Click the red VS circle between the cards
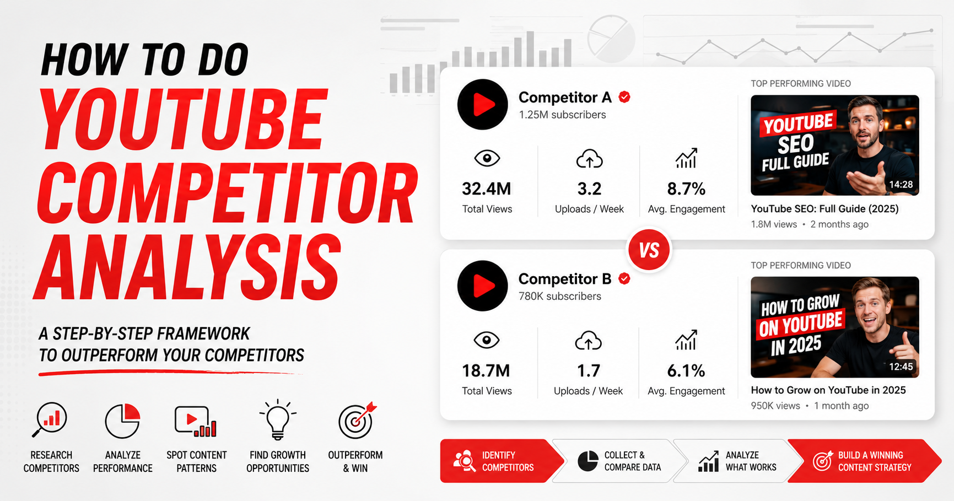pyautogui.click(x=649, y=250)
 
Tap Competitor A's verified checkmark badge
pyautogui.click(x=624, y=97)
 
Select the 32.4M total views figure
pyautogui.click(x=487, y=189)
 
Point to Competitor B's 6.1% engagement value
pyautogui.click(x=686, y=371)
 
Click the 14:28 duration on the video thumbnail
pyautogui.click(x=901, y=185)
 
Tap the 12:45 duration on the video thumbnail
pyautogui.click(x=901, y=367)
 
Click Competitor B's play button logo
pyautogui.click(x=483, y=286)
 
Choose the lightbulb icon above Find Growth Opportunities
pyautogui.click(x=278, y=419)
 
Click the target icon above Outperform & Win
pyautogui.click(x=357, y=421)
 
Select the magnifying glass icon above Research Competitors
pyautogui.click(x=50, y=420)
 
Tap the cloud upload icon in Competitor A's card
pyautogui.click(x=590, y=159)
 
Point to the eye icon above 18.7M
pyautogui.click(x=487, y=341)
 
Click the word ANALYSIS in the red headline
pyautogui.click(x=188, y=267)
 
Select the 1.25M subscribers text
pyautogui.click(x=562, y=115)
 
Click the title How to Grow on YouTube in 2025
pyautogui.click(x=828, y=390)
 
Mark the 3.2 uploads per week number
pyautogui.click(x=589, y=189)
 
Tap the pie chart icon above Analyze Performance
pyautogui.click(x=123, y=421)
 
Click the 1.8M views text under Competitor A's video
pyautogui.click(x=774, y=224)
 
